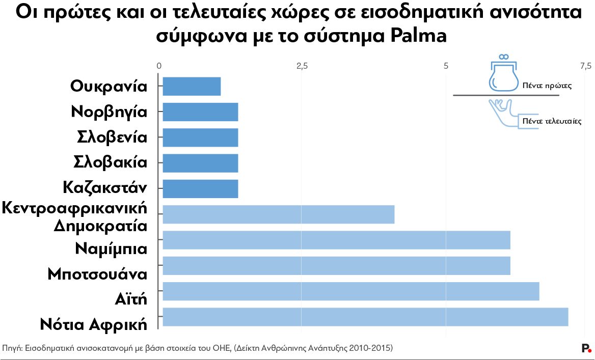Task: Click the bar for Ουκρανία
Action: point(192,87)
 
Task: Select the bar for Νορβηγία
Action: point(200,112)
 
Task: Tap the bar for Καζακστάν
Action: point(200,188)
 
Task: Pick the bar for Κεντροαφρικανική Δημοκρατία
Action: point(278,214)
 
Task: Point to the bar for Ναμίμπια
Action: point(336,240)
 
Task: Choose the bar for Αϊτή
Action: point(350,291)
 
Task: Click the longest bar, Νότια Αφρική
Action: point(365,317)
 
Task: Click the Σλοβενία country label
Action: point(112,137)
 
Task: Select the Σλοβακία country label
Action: point(110,163)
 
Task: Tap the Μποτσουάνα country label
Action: point(97,274)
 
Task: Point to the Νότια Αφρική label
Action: point(93,324)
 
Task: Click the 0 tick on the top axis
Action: point(159,66)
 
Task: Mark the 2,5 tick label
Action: point(302,66)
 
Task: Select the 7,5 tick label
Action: point(585,66)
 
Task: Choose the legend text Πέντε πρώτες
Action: point(547,86)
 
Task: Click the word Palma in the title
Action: point(418,37)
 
